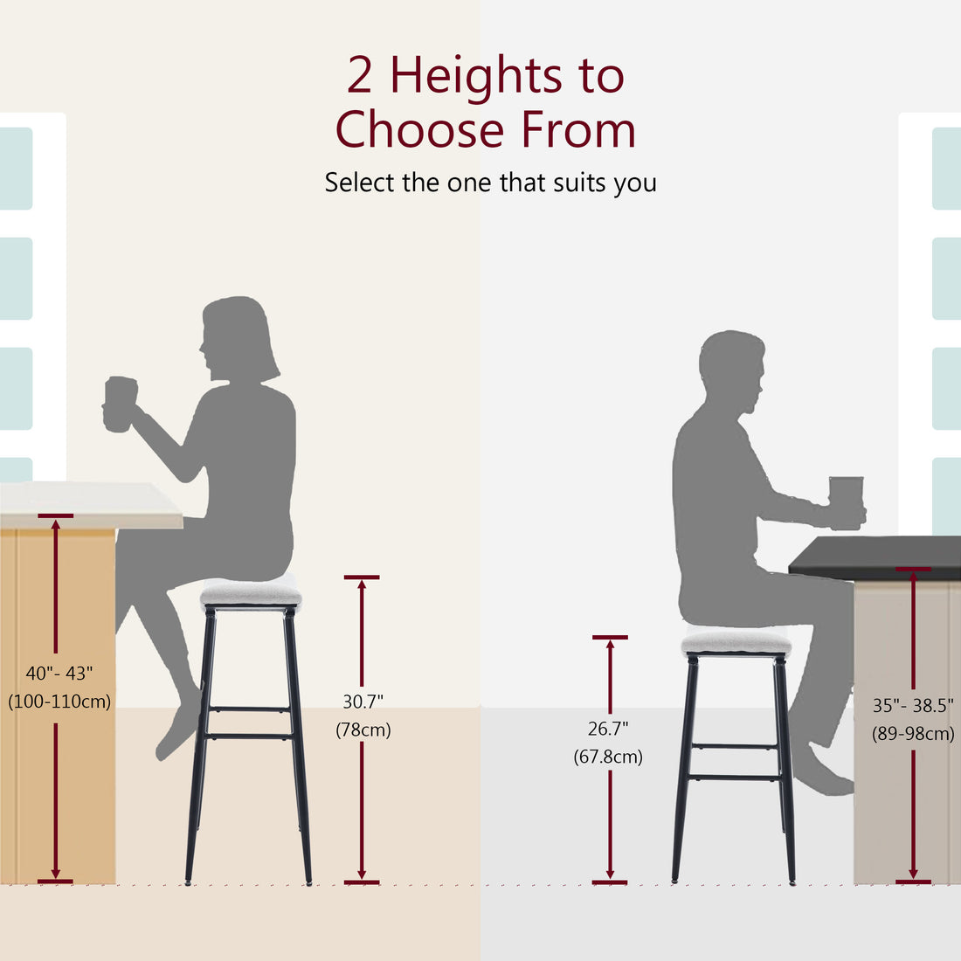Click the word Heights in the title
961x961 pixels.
[x=476, y=76]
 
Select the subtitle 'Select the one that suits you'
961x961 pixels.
[x=490, y=183]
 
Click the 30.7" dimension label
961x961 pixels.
[x=363, y=701]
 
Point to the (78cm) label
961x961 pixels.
[x=363, y=729]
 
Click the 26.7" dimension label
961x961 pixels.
[x=608, y=729]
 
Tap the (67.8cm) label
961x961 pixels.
[x=608, y=757]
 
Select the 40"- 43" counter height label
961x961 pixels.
[x=59, y=673]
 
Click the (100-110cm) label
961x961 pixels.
[x=59, y=701]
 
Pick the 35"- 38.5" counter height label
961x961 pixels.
[x=913, y=706]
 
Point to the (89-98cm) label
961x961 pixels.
[x=913, y=734]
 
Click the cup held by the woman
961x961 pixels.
[x=120, y=403]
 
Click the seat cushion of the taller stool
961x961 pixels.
[x=251, y=594]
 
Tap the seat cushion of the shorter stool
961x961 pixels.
[x=736, y=644]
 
